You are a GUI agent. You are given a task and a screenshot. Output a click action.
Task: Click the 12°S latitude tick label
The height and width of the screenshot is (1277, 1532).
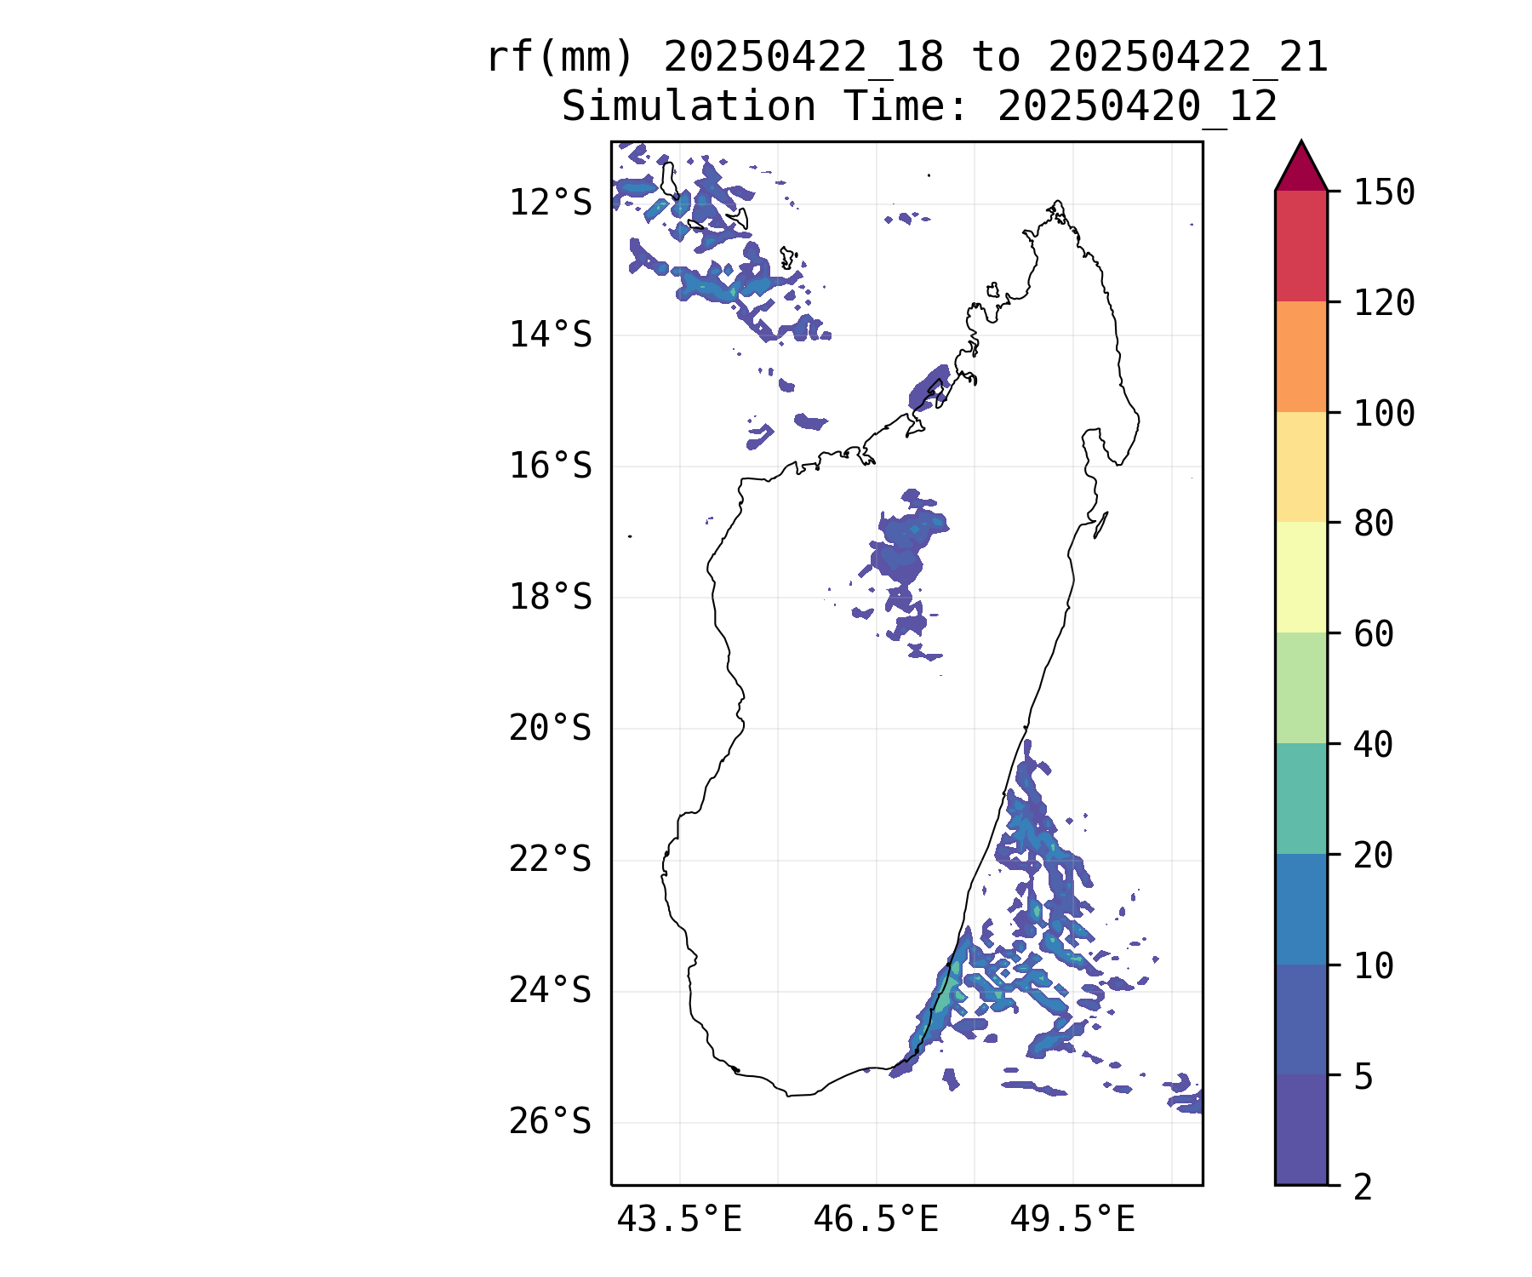(x=550, y=203)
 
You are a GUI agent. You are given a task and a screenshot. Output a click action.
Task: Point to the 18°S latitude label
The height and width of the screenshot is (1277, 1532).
(x=550, y=597)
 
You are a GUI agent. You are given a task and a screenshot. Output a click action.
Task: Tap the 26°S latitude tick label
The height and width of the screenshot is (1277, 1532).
(x=550, y=1122)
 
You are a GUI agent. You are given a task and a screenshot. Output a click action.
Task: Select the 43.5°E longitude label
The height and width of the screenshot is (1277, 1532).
(x=679, y=1220)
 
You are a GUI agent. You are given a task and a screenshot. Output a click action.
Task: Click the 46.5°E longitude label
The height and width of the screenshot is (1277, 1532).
(x=876, y=1220)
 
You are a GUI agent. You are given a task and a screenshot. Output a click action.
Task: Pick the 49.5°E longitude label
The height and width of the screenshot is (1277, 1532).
(x=1072, y=1220)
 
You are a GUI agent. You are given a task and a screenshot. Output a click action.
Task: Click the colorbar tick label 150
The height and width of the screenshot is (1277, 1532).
(x=1384, y=192)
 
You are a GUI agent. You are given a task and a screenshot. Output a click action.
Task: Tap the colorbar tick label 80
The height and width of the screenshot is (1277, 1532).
(x=1374, y=524)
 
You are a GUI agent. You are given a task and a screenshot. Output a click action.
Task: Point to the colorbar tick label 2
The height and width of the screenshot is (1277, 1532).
(x=1363, y=1187)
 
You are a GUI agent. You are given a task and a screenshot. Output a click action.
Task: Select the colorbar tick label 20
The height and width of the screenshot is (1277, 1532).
(x=1374, y=856)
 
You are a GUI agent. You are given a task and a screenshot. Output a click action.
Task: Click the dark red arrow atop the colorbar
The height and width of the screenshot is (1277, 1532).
(x=1301, y=168)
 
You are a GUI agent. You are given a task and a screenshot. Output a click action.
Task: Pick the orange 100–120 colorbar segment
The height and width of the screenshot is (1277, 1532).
(x=1301, y=357)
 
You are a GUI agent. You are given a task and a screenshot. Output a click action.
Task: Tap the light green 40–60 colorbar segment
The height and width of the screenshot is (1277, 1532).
(x=1301, y=688)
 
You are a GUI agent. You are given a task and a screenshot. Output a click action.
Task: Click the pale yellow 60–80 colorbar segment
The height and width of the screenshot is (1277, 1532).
(x=1301, y=577)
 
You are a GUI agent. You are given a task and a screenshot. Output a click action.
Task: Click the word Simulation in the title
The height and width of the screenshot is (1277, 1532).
(x=689, y=106)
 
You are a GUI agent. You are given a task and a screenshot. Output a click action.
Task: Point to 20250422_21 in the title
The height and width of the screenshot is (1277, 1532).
(x=1188, y=59)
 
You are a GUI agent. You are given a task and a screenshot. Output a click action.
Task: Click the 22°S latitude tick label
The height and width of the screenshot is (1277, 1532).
(x=550, y=859)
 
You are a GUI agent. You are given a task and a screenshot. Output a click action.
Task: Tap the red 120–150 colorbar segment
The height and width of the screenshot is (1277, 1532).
(x=1301, y=246)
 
